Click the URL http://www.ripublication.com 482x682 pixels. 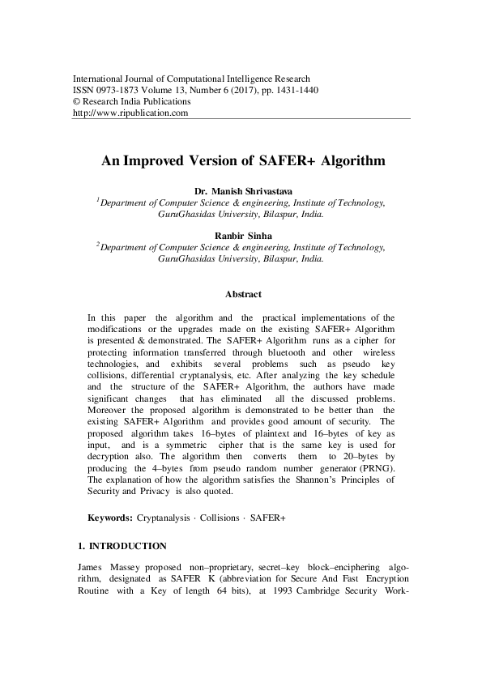point(130,113)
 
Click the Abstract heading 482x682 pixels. point(242,295)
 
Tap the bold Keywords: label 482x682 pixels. point(109,516)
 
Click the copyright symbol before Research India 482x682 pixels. point(77,102)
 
